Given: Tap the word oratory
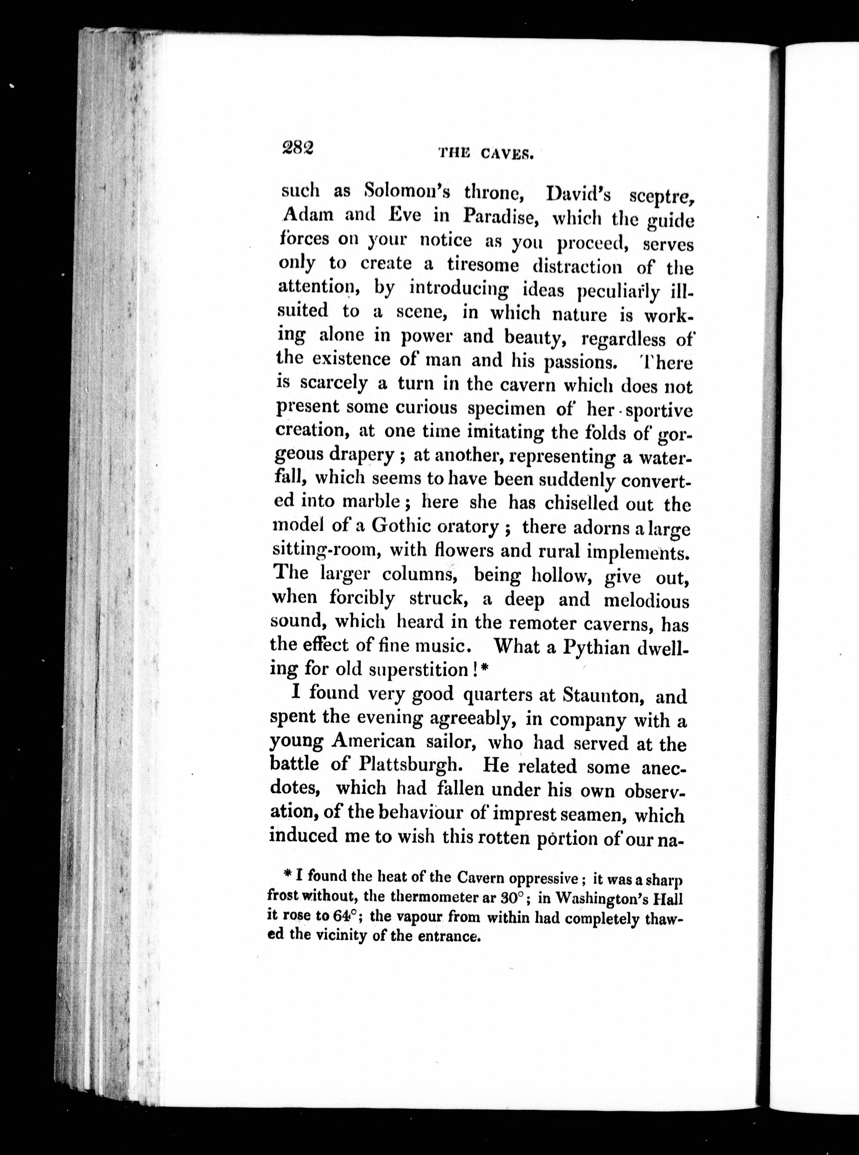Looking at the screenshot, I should click(x=468, y=527).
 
